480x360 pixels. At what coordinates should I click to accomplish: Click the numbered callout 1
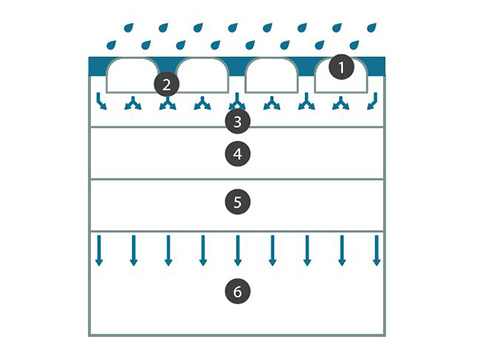coord(341,67)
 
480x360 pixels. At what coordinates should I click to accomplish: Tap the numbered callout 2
coord(167,85)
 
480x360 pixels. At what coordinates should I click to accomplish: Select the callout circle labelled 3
coord(237,121)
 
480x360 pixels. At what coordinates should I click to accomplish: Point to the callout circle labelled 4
coord(237,154)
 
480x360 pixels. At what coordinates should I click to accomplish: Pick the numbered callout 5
coord(237,202)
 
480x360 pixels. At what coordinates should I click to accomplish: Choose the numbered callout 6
coord(237,291)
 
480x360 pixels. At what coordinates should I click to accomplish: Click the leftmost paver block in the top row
coord(133,75)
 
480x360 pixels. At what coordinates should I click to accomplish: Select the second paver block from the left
coord(203,75)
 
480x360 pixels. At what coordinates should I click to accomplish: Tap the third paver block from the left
coord(272,75)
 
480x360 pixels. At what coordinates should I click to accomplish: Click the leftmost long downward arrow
coord(99,250)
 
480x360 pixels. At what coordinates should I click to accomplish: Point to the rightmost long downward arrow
coord(377,250)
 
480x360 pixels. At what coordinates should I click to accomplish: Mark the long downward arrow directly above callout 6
coord(238,250)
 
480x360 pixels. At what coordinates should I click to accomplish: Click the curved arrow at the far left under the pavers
coord(101,101)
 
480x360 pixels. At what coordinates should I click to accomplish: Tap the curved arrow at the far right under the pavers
coord(373,101)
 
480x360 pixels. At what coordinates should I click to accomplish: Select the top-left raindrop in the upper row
coord(129,27)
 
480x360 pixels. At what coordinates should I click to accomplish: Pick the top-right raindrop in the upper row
coord(372,27)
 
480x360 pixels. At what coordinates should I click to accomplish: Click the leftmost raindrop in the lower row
coord(111,45)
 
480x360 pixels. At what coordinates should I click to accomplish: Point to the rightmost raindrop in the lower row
coord(354,45)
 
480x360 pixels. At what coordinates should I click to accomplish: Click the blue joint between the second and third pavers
coord(237,68)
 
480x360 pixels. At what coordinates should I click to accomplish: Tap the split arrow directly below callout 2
coord(167,103)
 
